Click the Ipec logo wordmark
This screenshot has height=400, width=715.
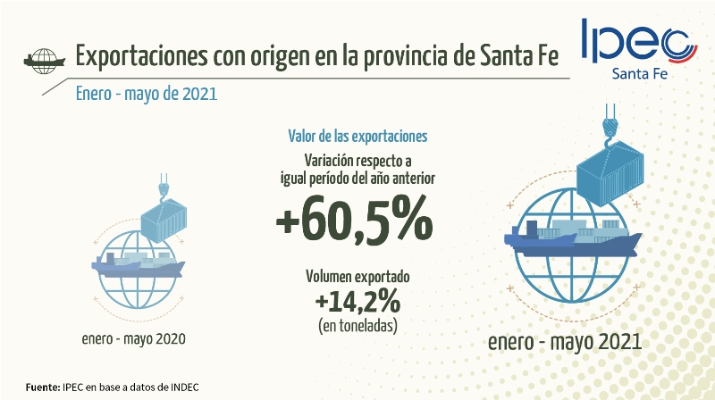(636, 40)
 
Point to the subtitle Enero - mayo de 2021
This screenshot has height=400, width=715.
(147, 93)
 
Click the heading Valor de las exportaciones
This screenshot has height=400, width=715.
(357, 136)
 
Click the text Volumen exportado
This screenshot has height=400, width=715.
(357, 278)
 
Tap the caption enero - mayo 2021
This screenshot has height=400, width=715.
(564, 343)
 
